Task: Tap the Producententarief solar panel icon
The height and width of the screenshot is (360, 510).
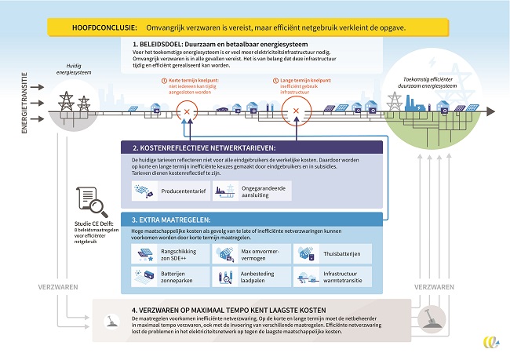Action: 144,189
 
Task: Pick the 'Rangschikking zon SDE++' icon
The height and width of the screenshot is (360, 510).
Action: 144,254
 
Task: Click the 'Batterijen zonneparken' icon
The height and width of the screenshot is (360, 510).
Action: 144,277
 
